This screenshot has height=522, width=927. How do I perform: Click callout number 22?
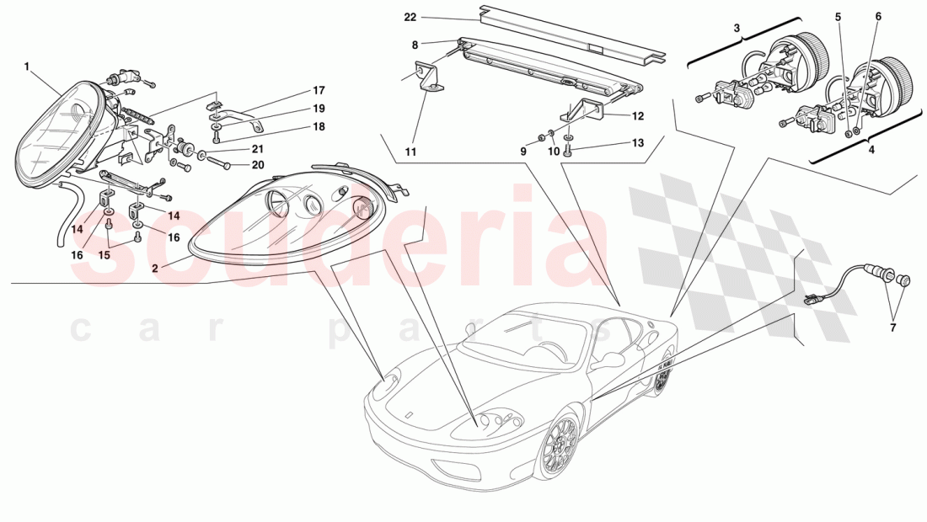410,17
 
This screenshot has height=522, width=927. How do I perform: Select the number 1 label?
27,66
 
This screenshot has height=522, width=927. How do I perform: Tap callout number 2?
155,269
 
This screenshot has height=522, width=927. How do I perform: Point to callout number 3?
737,28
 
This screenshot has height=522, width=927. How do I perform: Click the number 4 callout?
871,149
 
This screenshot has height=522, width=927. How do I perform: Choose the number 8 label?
415,44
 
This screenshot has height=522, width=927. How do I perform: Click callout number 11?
410,152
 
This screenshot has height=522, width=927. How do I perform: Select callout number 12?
638,115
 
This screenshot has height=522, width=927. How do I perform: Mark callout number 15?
105,255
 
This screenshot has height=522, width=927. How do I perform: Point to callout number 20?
258,165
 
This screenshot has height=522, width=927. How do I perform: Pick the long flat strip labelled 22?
573,33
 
